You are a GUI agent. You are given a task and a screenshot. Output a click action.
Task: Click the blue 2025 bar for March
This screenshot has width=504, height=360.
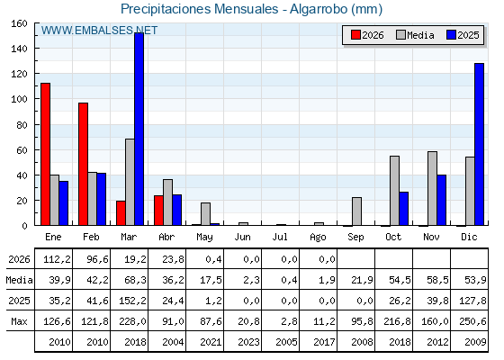pyautogui.click(x=139, y=129)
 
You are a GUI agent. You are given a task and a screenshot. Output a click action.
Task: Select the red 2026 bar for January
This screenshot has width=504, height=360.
pyautogui.click(x=45, y=154)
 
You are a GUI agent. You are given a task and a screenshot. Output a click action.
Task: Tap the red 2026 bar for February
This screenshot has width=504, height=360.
pyautogui.click(x=83, y=164)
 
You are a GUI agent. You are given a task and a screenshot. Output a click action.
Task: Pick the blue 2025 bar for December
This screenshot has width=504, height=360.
pyautogui.click(x=479, y=144)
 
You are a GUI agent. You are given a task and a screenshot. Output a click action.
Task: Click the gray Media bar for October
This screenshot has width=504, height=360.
pyautogui.click(x=395, y=191)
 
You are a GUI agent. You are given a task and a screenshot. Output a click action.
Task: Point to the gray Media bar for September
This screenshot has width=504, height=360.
pyautogui.click(x=356, y=211)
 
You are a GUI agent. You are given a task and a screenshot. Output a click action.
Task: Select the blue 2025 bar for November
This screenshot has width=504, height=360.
pyautogui.click(x=442, y=200)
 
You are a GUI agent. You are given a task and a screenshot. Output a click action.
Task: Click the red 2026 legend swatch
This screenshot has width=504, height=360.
pyautogui.click(x=355, y=35)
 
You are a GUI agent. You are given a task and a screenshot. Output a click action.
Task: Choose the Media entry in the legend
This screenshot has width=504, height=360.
pyautogui.click(x=415, y=35)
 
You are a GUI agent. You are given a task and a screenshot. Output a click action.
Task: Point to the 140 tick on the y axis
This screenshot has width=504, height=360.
pyautogui.click(x=19, y=49)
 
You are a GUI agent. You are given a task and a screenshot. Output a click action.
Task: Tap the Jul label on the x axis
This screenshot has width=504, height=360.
pyautogui.click(x=280, y=238)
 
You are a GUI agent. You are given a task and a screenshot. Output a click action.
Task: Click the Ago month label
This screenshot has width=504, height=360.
pyautogui.click(x=318, y=238)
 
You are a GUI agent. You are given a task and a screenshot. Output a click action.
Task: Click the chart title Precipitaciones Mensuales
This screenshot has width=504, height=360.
pyautogui.click(x=199, y=9)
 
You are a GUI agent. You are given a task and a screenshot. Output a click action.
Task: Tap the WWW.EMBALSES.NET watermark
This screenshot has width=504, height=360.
pyautogui.click(x=99, y=31)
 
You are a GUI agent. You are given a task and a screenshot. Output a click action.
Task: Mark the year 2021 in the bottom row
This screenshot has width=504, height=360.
pyautogui.click(x=211, y=342)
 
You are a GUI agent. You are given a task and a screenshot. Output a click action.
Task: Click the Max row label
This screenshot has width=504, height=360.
pyautogui.click(x=19, y=321)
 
